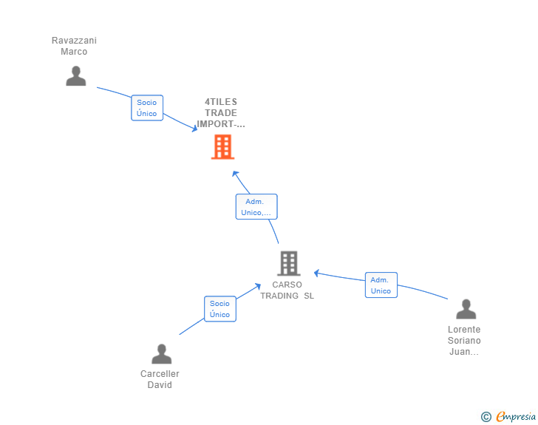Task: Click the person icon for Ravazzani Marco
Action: [75, 76]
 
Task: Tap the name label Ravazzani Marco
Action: [74, 46]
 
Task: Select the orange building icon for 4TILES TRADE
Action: [222, 147]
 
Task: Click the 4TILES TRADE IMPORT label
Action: [221, 113]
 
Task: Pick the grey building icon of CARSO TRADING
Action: [288, 263]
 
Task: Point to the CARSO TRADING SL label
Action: [287, 290]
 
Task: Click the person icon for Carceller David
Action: [161, 354]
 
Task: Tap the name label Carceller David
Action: [160, 379]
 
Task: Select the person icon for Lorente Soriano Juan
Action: [466, 309]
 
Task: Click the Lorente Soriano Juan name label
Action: [464, 341]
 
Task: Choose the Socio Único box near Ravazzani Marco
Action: [147, 108]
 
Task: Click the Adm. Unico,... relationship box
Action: [256, 207]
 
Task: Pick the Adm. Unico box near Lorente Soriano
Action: [381, 285]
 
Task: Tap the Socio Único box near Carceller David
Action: [219, 309]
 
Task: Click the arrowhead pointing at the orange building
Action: [235, 174]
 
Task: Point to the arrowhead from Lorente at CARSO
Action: [317, 273]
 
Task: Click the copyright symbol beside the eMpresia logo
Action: [486, 417]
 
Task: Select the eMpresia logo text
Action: [516, 416]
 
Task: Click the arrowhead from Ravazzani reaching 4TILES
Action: [194, 129]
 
